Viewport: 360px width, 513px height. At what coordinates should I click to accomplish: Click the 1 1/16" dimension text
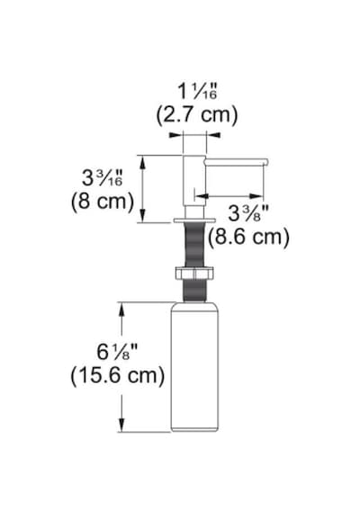click(x=197, y=91)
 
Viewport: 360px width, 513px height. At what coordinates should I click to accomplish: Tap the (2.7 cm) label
click(x=197, y=115)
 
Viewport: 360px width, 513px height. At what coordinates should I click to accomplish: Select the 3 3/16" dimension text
click(x=102, y=178)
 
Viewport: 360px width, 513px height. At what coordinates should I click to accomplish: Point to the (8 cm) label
click(x=103, y=202)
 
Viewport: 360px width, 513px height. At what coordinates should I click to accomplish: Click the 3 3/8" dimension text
click(x=248, y=214)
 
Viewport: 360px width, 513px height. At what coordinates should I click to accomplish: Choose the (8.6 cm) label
click(x=248, y=237)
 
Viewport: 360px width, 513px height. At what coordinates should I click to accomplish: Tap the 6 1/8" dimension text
click(x=117, y=352)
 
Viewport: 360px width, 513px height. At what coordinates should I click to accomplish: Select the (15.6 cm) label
click(x=118, y=375)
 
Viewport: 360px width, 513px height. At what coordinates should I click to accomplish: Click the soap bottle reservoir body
click(x=194, y=367)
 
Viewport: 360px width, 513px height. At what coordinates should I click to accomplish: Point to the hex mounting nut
click(x=194, y=274)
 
